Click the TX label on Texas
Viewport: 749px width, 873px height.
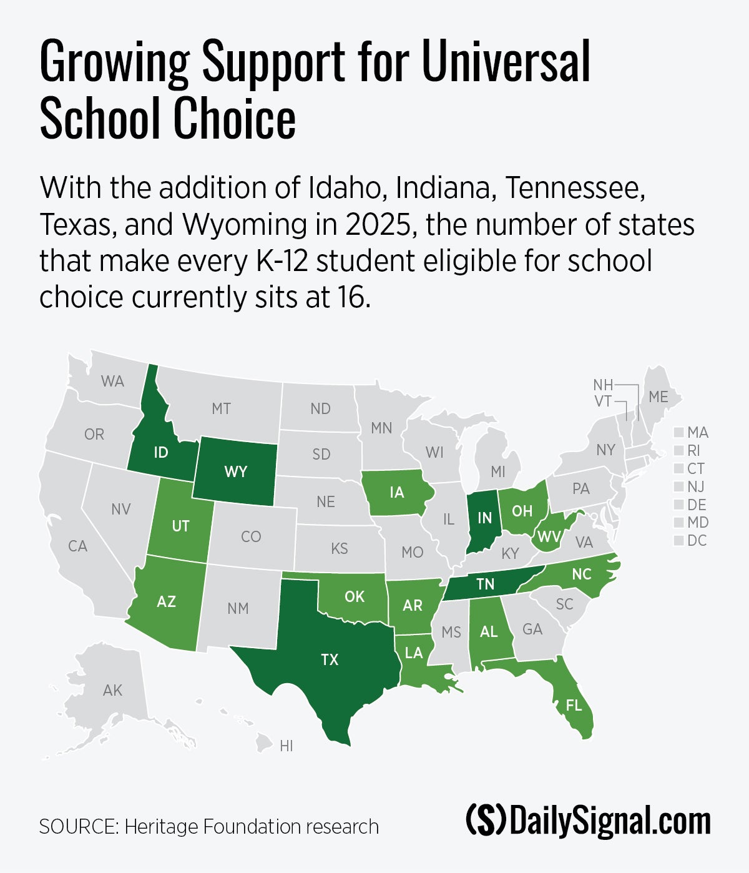330,659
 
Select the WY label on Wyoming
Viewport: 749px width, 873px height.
235,471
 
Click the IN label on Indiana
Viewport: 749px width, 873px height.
484,518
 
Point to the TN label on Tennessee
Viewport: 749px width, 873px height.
485,584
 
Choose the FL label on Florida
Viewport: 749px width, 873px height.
573,705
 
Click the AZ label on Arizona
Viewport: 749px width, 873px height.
166,602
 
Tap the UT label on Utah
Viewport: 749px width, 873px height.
180,526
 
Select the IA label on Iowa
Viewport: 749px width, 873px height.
396,493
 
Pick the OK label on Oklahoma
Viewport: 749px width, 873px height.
354,597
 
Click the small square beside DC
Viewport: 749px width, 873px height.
679,541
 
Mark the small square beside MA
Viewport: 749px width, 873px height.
679,433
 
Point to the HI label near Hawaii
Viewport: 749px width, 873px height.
286,746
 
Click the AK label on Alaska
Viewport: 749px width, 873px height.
113,691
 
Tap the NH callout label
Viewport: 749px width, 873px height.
603,385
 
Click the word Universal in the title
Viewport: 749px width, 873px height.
506,61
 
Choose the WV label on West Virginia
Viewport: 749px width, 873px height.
549,536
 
